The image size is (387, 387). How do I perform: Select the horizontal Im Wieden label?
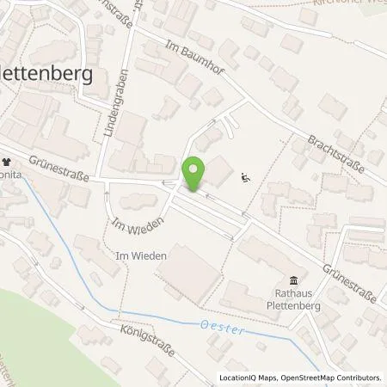pos(132,255)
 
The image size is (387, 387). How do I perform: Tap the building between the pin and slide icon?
pos(218,170)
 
